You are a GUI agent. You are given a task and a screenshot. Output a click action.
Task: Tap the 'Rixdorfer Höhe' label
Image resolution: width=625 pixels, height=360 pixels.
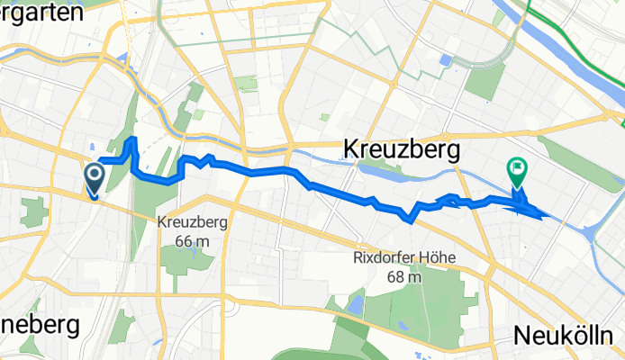403,258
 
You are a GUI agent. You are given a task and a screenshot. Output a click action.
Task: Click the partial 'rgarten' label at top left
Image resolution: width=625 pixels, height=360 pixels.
36,9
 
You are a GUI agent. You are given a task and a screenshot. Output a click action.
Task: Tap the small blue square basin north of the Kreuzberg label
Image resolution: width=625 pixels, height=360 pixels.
445,60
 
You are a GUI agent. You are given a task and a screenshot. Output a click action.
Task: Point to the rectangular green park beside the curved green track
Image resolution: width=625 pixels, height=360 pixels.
486,82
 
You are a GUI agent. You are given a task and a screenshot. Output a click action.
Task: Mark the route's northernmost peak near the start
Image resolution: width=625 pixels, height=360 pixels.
133,139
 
